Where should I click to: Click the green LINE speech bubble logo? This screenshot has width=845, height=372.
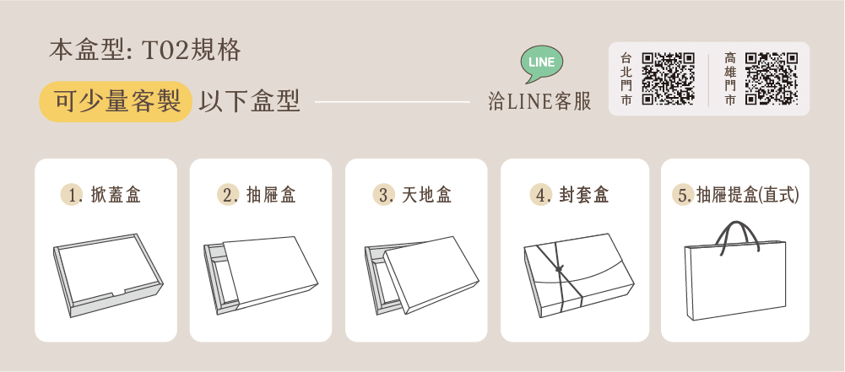[x=542, y=63]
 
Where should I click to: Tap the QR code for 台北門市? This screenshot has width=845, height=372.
[x=669, y=78]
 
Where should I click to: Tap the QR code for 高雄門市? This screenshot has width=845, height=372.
[x=772, y=78]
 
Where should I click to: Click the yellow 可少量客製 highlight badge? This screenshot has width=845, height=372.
[x=116, y=101]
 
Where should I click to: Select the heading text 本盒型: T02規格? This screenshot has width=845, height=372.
[x=145, y=51]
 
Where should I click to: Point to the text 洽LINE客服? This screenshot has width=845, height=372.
[x=539, y=101]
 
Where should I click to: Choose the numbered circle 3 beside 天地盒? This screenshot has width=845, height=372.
[x=382, y=195]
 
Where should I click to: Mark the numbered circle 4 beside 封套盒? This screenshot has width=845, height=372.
[x=539, y=195]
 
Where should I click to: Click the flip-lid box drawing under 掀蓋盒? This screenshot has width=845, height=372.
[x=108, y=275]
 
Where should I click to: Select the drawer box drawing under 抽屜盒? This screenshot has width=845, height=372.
[x=261, y=275]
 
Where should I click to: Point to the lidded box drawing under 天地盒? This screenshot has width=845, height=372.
[x=422, y=275]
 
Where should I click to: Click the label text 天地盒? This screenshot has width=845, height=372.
[x=427, y=195]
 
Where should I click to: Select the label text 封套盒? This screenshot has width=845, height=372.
[x=584, y=195]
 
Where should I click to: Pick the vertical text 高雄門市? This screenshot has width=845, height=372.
[x=729, y=78]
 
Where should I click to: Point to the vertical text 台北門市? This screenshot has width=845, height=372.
[x=626, y=78]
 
